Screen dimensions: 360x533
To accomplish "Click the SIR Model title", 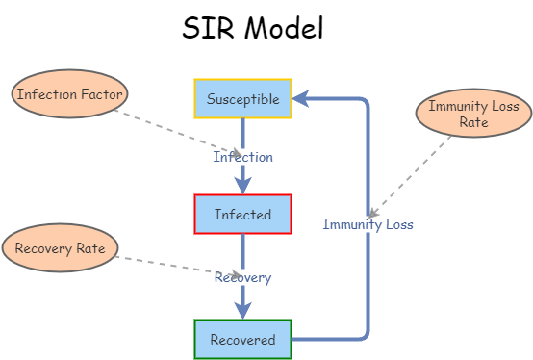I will tap(252, 29).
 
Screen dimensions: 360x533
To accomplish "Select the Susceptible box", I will tap(242, 99).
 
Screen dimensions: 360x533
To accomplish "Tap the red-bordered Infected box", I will tap(242, 215).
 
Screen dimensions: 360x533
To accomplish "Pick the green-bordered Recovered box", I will tap(242, 339).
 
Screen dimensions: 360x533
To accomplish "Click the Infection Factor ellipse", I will tap(69, 94).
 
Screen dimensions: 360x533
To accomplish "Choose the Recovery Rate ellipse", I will tap(60, 248).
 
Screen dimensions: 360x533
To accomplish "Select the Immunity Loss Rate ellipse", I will tap(473, 114).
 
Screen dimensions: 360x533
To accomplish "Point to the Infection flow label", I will tap(242, 157).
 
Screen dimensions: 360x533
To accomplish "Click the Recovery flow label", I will tap(242, 277).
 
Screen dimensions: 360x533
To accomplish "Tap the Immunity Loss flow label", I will tap(368, 224).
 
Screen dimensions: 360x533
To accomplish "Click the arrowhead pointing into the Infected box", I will tap(242, 185).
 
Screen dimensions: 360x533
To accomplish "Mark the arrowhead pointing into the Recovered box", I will tap(242, 309).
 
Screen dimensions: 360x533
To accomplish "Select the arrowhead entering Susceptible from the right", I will tap(300, 98).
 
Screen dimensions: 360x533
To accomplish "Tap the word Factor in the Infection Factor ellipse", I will tap(100, 94).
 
